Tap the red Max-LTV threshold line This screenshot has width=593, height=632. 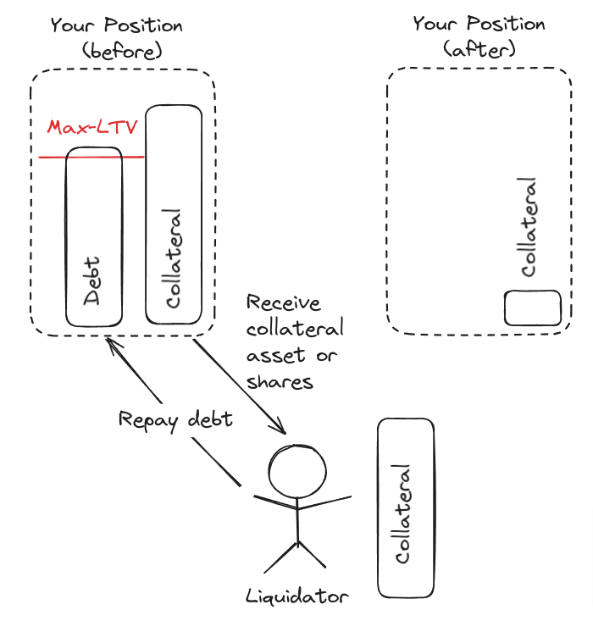point(51,157)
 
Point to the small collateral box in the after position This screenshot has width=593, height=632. point(534,308)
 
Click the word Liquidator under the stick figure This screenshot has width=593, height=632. point(296,596)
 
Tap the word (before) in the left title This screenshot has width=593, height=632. point(122,52)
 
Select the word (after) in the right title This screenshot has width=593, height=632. point(478,50)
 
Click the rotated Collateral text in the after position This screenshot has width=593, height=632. point(528,226)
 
